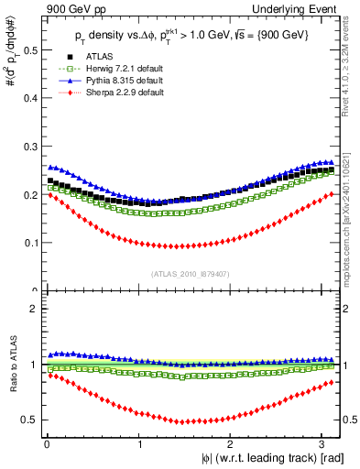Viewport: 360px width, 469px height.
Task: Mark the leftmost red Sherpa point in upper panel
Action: [x=50, y=194]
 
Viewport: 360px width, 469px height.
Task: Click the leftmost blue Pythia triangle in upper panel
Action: [x=50, y=167]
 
